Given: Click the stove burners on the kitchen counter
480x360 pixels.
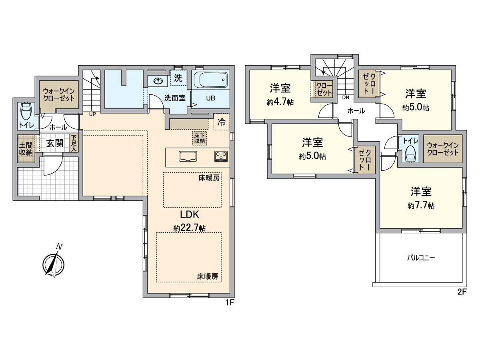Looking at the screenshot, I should (221, 156).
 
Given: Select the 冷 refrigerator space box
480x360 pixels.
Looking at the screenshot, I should (221, 123).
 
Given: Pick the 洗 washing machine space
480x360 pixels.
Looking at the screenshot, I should (178, 78).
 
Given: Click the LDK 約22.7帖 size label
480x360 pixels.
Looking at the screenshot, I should (190, 221).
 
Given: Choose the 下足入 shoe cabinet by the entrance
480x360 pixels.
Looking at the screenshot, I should (74, 143).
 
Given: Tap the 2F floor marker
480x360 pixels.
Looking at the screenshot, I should (462, 292).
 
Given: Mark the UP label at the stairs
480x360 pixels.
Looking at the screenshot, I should (92, 114).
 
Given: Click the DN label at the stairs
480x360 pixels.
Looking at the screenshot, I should (345, 97).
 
